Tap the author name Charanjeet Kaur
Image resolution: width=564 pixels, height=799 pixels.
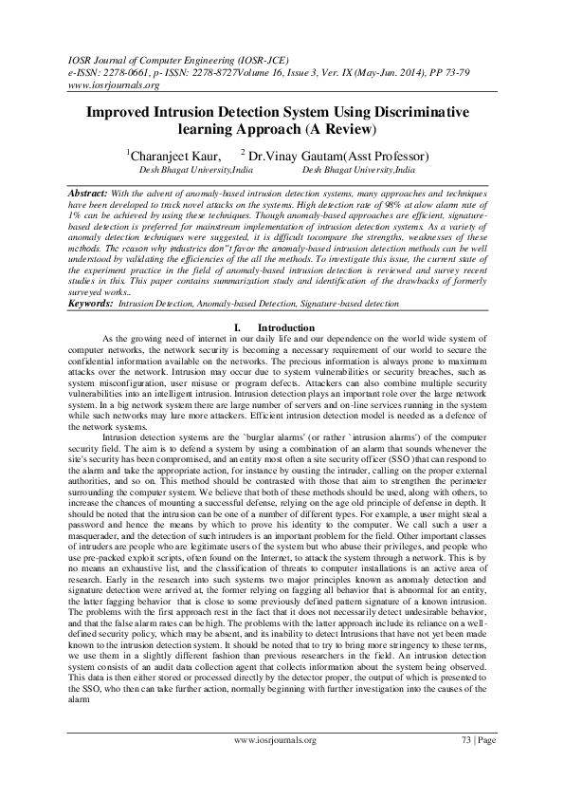pos(176,155)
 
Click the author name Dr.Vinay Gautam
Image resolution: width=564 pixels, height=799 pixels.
pos(308,155)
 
